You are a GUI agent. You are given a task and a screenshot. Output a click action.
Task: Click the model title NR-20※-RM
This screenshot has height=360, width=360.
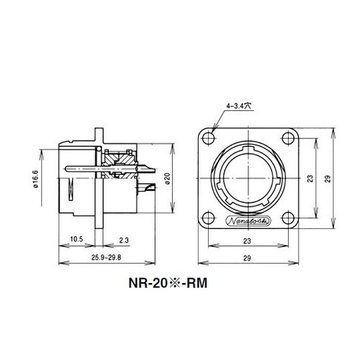[168, 283]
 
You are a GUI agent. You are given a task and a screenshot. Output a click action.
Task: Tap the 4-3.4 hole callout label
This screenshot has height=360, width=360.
[238, 106]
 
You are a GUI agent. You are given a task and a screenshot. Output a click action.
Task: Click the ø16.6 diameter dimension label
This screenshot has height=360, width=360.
[35, 179]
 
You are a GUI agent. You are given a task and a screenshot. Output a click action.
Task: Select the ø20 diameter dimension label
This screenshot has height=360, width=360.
[168, 179]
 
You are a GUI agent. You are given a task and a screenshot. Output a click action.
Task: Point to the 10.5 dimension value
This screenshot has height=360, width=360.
[76, 239]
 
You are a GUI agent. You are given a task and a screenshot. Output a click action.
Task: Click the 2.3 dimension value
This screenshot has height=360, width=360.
[124, 240]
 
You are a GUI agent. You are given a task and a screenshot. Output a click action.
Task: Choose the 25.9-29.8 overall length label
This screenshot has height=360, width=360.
[107, 258]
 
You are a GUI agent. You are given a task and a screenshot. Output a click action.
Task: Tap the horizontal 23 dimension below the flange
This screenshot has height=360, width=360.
[247, 240]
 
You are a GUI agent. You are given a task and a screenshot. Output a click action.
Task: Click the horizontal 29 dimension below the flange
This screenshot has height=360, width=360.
[247, 258]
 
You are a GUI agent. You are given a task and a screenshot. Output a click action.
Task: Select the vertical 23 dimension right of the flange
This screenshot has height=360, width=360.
[310, 179]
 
